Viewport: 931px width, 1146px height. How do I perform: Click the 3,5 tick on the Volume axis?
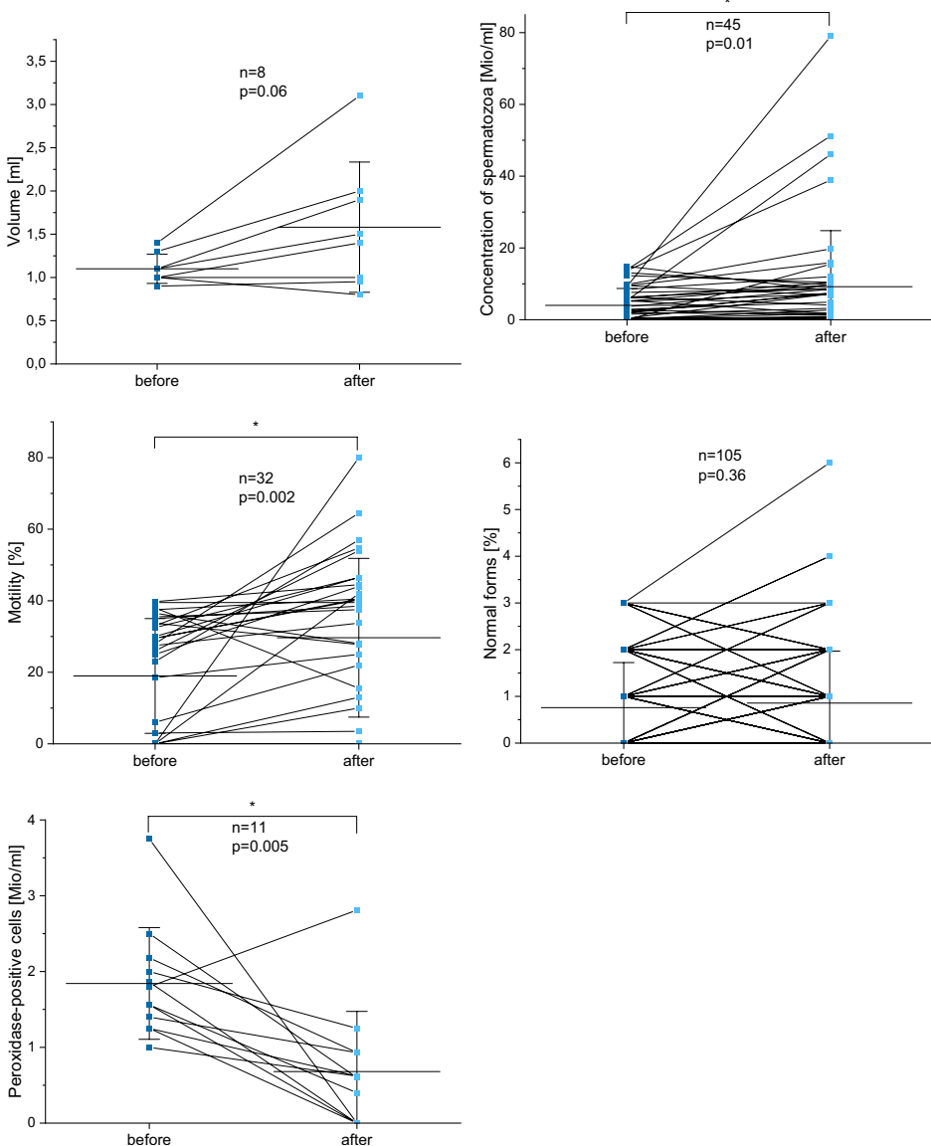[x=35, y=62]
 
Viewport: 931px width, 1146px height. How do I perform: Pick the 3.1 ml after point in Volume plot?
[x=360, y=95]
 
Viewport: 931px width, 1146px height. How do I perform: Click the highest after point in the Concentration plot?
[x=830, y=36]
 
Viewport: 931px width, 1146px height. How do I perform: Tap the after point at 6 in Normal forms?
[x=830, y=463]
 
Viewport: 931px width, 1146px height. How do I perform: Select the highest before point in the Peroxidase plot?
[x=149, y=839]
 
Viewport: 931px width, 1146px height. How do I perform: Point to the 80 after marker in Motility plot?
[x=358, y=458]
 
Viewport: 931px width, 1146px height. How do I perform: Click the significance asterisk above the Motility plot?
[x=257, y=426]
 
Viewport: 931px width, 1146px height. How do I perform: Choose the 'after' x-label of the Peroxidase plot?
[x=356, y=1140]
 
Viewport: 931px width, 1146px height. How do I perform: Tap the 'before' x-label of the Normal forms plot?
[x=625, y=760]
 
